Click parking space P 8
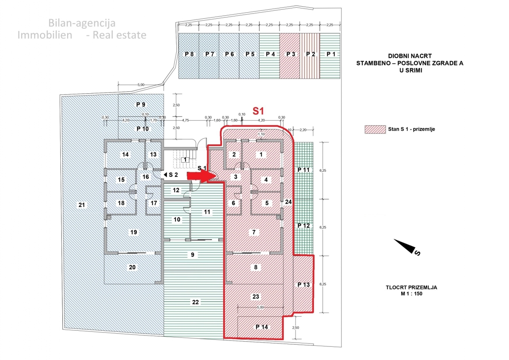click(189, 55)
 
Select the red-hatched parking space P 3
click(290, 55)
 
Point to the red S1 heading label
click(259, 112)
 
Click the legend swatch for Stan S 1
click(373, 129)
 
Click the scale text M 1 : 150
click(409, 293)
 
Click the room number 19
click(134, 232)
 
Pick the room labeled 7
click(254, 232)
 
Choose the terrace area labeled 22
click(195, 302)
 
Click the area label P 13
click(304, 285)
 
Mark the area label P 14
click(262, 327)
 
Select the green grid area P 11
click(304, 170)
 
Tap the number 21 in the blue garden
click(82, 206)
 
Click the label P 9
click(140, 104)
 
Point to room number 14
click(125, 155)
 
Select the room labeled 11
click(207, 211)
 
